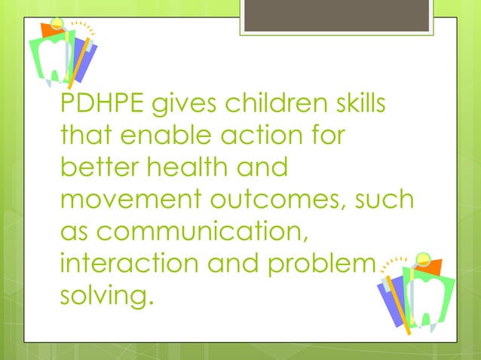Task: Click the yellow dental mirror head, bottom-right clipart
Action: click(422, 260)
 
